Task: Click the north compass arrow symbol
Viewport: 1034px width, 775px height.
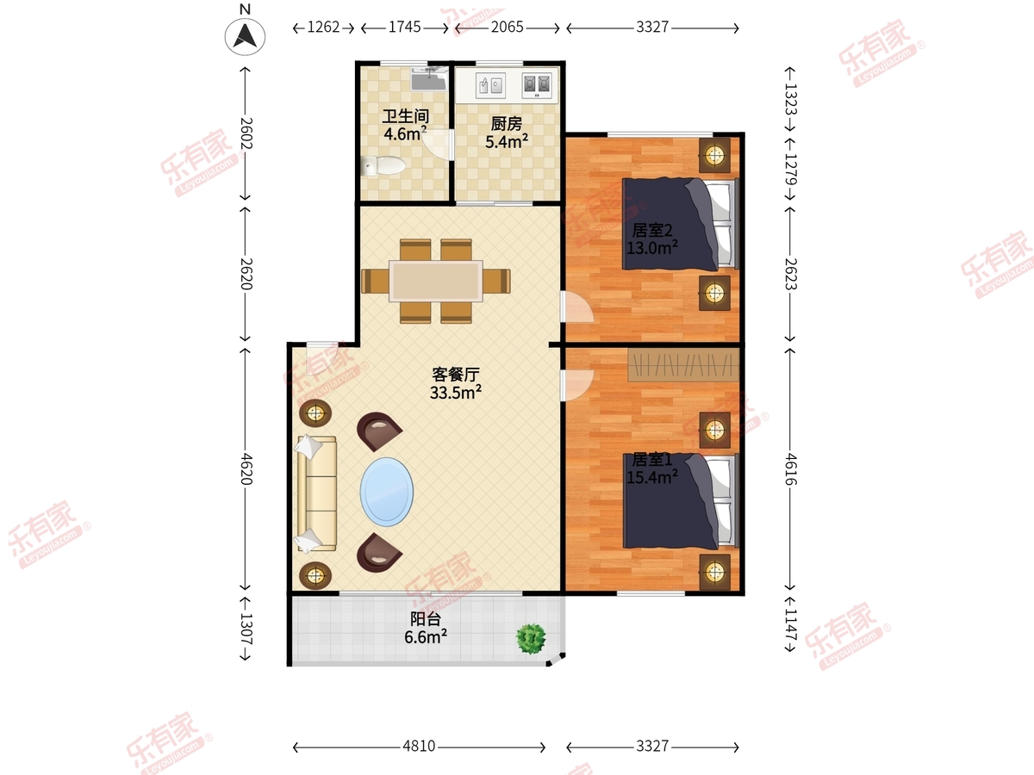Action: point(245,36)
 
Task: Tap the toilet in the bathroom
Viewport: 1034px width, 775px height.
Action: point(383,165)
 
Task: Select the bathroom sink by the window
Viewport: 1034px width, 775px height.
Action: point(428,78)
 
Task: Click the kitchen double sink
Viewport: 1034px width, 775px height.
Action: point(490,85)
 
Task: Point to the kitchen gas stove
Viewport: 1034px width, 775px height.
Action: point(537,85)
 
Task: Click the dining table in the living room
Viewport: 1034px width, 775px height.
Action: point(436,281)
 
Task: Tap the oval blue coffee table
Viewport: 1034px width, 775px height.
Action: point(387,492)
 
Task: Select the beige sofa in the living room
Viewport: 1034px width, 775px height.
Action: point(316,493)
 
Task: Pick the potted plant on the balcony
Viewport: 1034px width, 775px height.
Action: point(531,639)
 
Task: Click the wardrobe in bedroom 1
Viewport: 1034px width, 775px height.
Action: point(683,364)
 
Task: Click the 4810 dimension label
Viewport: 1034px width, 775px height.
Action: point(419,746)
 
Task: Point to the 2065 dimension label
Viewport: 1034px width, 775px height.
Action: point(507,28)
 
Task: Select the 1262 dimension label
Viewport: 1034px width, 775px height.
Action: point(323,28)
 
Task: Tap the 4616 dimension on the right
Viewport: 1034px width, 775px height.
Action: point(791,468)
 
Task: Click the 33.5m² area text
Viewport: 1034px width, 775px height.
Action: point(456,392)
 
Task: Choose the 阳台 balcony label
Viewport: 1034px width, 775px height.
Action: point(426,619)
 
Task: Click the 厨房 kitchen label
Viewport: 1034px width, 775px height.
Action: point(507,124)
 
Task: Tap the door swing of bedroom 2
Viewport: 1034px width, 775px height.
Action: point(577,307)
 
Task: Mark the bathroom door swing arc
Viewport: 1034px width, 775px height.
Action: point(436,145)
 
